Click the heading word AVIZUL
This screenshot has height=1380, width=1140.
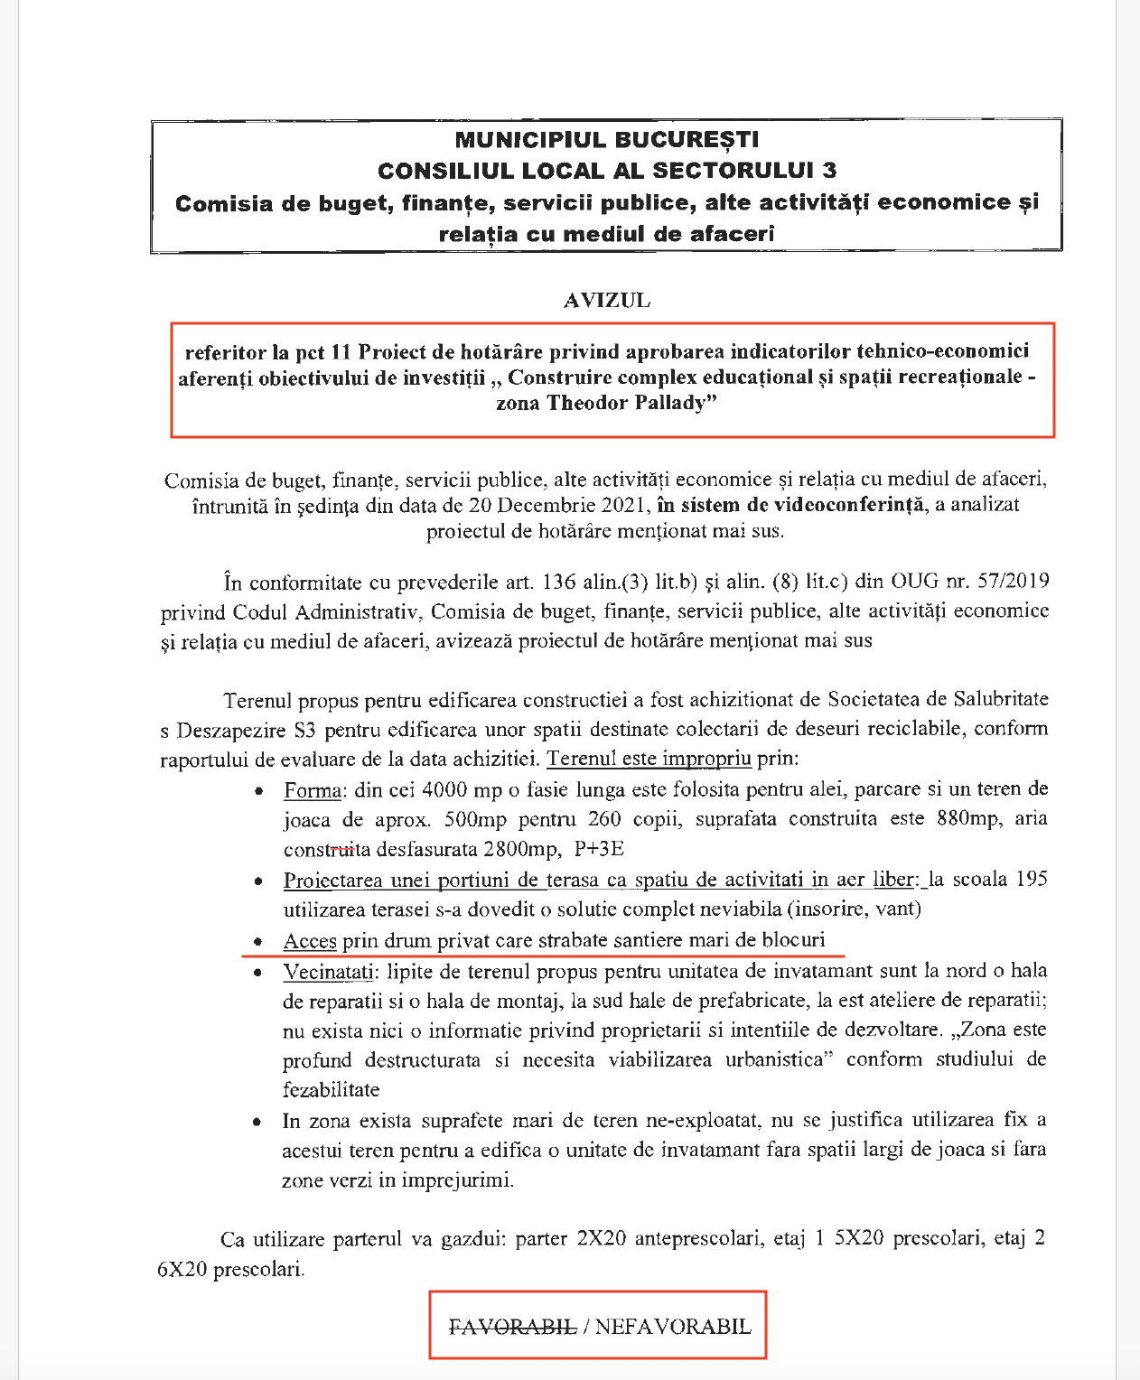pos(606,301)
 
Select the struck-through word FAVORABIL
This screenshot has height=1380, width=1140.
pos(513,1326)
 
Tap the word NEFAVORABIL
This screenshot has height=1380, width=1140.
pos(673,1326)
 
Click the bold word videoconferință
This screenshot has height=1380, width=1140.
pos(848,505)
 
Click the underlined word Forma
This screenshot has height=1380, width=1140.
pos(313,790)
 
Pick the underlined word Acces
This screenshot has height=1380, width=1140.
pos(310,941)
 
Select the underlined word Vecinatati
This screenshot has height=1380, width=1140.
pos(328,972)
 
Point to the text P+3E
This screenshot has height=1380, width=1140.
pos(599,849)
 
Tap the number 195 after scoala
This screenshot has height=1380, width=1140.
pos(1031,879)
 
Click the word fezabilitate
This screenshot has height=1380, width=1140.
pos(331,1089)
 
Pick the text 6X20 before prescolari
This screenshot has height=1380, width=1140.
pos(182,1269)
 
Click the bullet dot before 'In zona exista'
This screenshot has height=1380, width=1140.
pos(259,1122)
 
